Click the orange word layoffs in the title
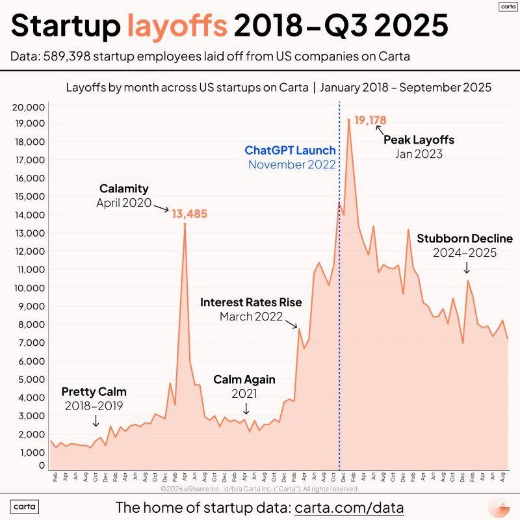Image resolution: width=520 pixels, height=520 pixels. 177,26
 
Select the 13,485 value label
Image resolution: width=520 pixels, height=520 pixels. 190,213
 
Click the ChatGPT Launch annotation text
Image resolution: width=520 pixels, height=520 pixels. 290,150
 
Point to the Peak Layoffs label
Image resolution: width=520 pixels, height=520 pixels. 419,140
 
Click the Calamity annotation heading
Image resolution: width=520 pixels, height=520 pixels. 123,188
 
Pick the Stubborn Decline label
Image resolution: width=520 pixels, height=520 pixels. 465,238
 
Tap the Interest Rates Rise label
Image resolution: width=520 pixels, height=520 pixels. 251,302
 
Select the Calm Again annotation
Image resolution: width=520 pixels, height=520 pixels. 244,380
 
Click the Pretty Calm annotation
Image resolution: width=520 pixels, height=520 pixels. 94,392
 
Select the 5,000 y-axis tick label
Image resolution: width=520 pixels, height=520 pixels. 31,379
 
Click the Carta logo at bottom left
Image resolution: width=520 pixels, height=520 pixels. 25,507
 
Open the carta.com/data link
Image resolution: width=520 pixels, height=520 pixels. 349,507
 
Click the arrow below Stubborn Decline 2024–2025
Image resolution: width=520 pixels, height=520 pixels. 466,268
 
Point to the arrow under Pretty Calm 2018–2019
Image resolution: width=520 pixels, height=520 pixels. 96,421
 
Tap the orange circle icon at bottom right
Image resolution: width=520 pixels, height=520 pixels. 499,507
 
